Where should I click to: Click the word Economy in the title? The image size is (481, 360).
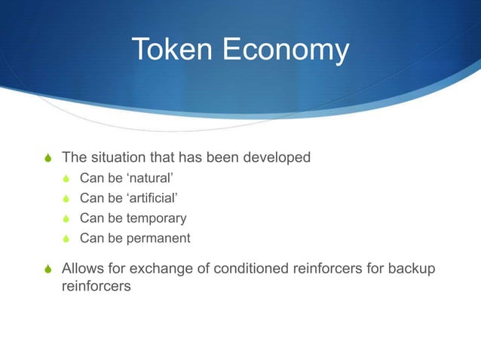pyautogui.click(x=284, y=51)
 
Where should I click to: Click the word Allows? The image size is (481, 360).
pyautogui.click(x=81, y=268)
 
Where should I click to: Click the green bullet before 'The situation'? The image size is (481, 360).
pyautogui.click(x=49, y=158)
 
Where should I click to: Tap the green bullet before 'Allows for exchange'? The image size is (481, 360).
pyautogui.click(x=49, y=269)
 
